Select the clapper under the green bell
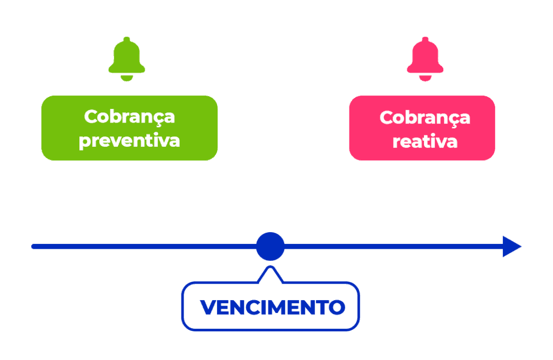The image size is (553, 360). click(127, 79)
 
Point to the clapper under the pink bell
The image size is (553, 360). click(425, 79)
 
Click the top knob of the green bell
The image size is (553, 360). click(127, 40)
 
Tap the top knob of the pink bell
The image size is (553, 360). click(425, 40)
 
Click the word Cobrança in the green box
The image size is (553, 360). click(130, 117)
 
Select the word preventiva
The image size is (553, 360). click(129, 141)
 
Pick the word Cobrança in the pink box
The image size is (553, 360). click(425, 118)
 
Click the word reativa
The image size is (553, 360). click(425, 141)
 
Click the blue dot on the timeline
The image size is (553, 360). click(270, 246)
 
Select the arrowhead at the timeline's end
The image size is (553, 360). click(511, 247)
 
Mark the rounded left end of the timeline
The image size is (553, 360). click(34, 247)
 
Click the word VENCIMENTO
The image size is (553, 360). click(272, 308)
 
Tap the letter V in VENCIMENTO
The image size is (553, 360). click(208, 308)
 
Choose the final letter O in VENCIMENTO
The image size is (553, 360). click(337, 308)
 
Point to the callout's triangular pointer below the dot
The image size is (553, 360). click(270, 274)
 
